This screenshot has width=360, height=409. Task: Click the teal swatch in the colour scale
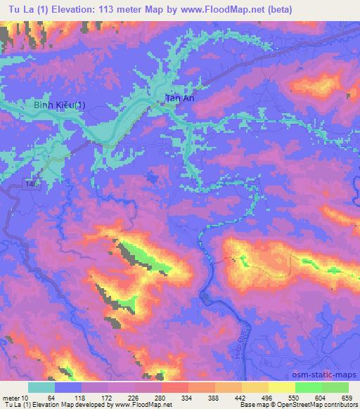coord(41,387)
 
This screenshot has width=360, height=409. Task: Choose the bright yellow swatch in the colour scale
coord(281,387)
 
